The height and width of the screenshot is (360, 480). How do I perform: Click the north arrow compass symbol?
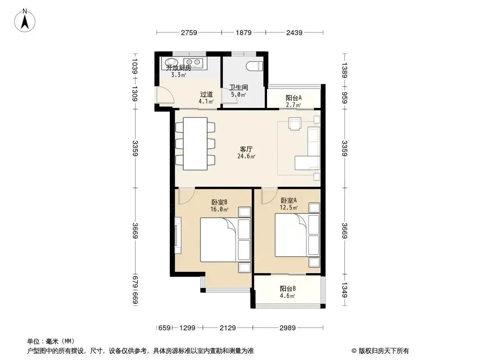(x=25, y=21)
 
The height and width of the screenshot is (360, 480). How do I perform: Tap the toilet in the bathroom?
(x=255, y=66)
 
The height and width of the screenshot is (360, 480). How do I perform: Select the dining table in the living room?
(x=195, y=144)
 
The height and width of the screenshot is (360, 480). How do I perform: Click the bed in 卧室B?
(x=218, y=239)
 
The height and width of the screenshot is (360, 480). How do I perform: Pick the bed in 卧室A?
(x=291, y=235)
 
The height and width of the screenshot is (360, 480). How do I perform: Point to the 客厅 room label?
(x=246, y=149)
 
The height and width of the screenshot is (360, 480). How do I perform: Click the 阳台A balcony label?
(x=294, y=98)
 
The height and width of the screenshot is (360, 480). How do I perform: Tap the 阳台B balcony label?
(x=288, y=288)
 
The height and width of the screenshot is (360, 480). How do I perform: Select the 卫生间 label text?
(x=239, y=87)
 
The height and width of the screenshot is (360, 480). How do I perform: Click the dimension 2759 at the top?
(x=189, y=32)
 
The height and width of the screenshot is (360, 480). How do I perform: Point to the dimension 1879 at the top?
(x=244, y=32)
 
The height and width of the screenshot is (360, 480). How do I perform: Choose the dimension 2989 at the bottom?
(x=288, y=328)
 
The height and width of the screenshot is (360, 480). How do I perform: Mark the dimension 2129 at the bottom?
(x=228, y=328)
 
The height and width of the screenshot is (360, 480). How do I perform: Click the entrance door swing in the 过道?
(x=165, y=95)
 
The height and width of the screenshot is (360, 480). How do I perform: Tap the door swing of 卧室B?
(x=187, y=196)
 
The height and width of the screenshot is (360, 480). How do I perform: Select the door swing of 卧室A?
(x=269, y=196)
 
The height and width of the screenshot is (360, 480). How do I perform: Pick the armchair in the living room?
(x=295, y=124)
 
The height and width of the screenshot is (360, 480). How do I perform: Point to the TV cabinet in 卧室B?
(x=177, y=235)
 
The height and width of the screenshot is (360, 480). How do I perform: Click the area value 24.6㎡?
(x=246, y=156)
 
